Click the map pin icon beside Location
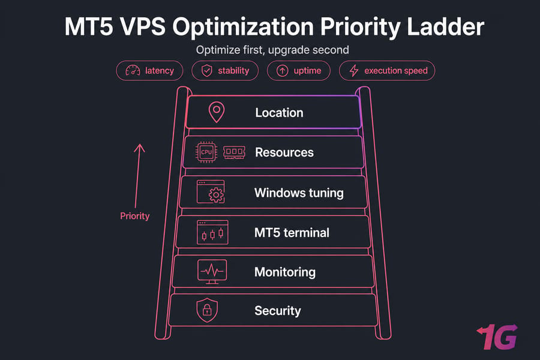(217, 112)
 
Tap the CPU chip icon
(206, 152)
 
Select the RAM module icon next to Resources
(234, 152)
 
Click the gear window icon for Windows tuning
(211, 191)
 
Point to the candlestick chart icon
(212, 232)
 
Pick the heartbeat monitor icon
(212, 272)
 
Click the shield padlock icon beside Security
(207, 310)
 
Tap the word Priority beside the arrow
(134, 216)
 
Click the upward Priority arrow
(137, 176)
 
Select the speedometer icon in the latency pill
(133, 70)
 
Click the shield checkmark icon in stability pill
(206, 71)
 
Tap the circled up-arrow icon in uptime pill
(283, 71)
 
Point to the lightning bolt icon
(353, 71)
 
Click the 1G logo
(497, 337)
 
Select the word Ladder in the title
(446, 26)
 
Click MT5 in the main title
(89, 26)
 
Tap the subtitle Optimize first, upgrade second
(272, 50)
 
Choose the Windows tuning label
(299, 193)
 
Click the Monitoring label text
(285, 272)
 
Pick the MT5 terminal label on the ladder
(292, 233)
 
